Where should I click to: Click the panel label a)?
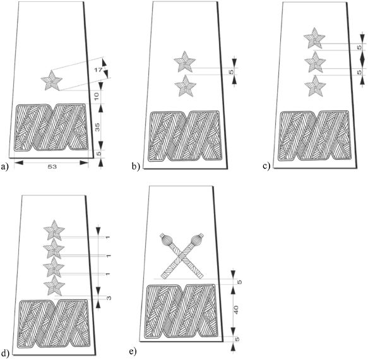click(x=4, y=167)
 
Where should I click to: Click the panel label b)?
click(x=136, y=167)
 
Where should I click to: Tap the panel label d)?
click(x=5, y=353)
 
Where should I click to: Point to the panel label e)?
click(x=133, y=352)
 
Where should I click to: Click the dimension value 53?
click(x=52, y=167)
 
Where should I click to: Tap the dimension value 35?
click(x=98, y=127)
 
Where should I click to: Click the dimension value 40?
click(x=236, y=310)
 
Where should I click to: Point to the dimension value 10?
click(x=98, y=95)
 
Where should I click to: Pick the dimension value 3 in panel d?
click(x=109, y=299)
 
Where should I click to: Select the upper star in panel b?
click(x=185, y=61)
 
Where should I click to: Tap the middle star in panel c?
click(x=315, y=63)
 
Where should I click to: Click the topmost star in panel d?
click(x=54, y=230)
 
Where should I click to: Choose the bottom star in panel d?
click(x=54, y=285)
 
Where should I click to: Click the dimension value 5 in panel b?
click(x=232, y=71)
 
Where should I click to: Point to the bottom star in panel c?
click(x=315, y=86)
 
